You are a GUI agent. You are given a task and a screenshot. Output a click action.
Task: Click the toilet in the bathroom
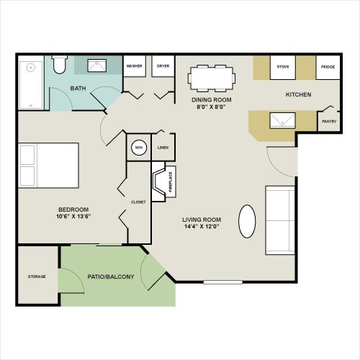tap(59, 65)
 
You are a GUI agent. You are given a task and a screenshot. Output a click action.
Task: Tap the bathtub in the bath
tap(31, 85)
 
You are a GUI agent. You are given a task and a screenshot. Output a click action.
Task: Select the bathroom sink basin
tap(97, 66)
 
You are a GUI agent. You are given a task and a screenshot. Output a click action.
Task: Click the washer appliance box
tap(135, 66)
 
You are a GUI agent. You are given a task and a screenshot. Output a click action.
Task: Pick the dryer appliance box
tap(163, 66)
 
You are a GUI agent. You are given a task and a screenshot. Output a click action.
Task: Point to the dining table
tap(212, 78)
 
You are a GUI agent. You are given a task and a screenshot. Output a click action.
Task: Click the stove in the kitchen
tap(283, 68)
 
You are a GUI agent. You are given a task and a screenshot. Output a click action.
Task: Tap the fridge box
tap(328, 68)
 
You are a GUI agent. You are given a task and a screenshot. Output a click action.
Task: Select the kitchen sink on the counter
tap(282, 120)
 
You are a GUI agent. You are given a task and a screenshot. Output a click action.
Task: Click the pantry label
tap(329, 122)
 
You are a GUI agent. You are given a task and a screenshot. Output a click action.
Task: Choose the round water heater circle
tap(139, 148)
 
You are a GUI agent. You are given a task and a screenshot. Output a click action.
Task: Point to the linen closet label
tap(163, 148)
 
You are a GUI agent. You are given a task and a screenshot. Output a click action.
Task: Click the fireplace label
tap(171, 182)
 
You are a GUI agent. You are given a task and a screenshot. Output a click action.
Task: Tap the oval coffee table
tap(247, 221)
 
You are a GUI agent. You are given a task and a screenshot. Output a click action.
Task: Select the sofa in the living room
tap(280, 220)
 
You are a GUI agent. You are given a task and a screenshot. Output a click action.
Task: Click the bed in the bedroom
tap(48, 166)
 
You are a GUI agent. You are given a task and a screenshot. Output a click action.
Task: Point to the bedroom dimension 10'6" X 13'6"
tap(73, 216)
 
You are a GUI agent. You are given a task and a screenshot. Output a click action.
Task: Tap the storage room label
tap(37, 276)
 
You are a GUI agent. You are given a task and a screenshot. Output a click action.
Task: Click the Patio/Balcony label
tap(111, 276)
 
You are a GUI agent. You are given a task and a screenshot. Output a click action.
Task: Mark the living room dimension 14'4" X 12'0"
tap(202, 226)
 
